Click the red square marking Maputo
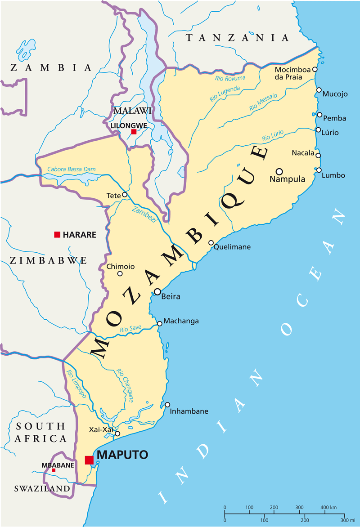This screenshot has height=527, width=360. (89, 460)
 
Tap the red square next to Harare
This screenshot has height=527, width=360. (57, 234)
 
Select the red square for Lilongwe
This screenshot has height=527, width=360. (134, 132)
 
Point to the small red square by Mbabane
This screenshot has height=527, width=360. (54, 470)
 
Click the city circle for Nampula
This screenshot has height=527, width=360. (279, 171)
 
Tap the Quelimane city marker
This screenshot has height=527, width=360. (211, 243)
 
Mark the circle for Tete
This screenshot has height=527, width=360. (125, 195)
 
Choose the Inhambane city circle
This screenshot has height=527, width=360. (167, 405)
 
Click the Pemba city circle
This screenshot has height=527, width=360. (319, 115)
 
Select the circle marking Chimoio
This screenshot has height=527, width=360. (120, 273)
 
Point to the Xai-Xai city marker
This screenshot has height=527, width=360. (117, 433)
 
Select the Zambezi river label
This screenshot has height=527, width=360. (144, 215)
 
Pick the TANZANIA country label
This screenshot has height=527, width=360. (237, 38)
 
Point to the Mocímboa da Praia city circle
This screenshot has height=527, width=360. (315, 69)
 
